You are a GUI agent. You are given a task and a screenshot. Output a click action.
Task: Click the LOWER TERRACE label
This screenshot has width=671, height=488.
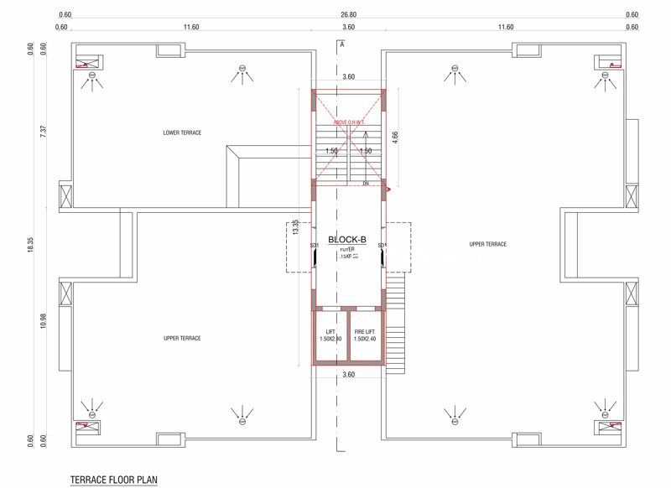(182, 133)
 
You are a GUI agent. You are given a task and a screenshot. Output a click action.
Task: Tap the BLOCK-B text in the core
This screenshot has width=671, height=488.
(347, 240)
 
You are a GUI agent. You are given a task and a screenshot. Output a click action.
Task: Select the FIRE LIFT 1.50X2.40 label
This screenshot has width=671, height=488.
(365, 335)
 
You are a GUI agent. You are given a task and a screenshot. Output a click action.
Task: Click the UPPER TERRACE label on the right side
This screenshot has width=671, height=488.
(487, 244)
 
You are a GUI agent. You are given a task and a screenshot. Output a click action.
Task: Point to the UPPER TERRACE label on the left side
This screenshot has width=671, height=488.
(182, 338)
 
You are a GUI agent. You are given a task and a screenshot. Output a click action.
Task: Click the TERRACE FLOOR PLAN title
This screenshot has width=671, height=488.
(114, 480)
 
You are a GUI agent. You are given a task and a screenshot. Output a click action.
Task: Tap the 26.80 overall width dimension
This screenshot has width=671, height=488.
(349, 15)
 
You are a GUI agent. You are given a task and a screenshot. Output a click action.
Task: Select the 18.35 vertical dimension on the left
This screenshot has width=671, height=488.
(30, 244)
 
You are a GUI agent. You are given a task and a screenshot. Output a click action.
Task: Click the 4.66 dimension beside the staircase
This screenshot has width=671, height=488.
(396, 138)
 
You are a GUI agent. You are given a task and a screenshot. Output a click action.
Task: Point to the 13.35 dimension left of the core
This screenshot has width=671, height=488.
(295, 227)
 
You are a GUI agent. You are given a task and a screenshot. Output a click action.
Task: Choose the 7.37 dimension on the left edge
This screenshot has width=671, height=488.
(44, 132)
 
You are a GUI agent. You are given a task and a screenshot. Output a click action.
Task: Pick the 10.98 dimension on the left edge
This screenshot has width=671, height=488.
(44, 320)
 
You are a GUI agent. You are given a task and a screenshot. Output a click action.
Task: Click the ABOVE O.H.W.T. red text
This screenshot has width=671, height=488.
(349, 122)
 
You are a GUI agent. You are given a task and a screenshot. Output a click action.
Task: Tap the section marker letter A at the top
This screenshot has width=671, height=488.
(342, 45)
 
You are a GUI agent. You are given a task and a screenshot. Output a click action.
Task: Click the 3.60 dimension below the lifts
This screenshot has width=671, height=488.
(349, 375)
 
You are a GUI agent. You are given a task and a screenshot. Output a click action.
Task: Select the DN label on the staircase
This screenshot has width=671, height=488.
(366, 184)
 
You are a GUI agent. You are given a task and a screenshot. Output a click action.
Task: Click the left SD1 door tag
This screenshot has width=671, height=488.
(314, 246)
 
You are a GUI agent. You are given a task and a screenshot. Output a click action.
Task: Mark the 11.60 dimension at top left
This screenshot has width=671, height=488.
(191, 28)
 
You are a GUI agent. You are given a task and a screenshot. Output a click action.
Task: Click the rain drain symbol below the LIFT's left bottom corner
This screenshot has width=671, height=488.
(242, 413)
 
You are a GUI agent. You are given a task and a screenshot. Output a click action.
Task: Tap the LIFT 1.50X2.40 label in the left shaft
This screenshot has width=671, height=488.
(330, 335)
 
